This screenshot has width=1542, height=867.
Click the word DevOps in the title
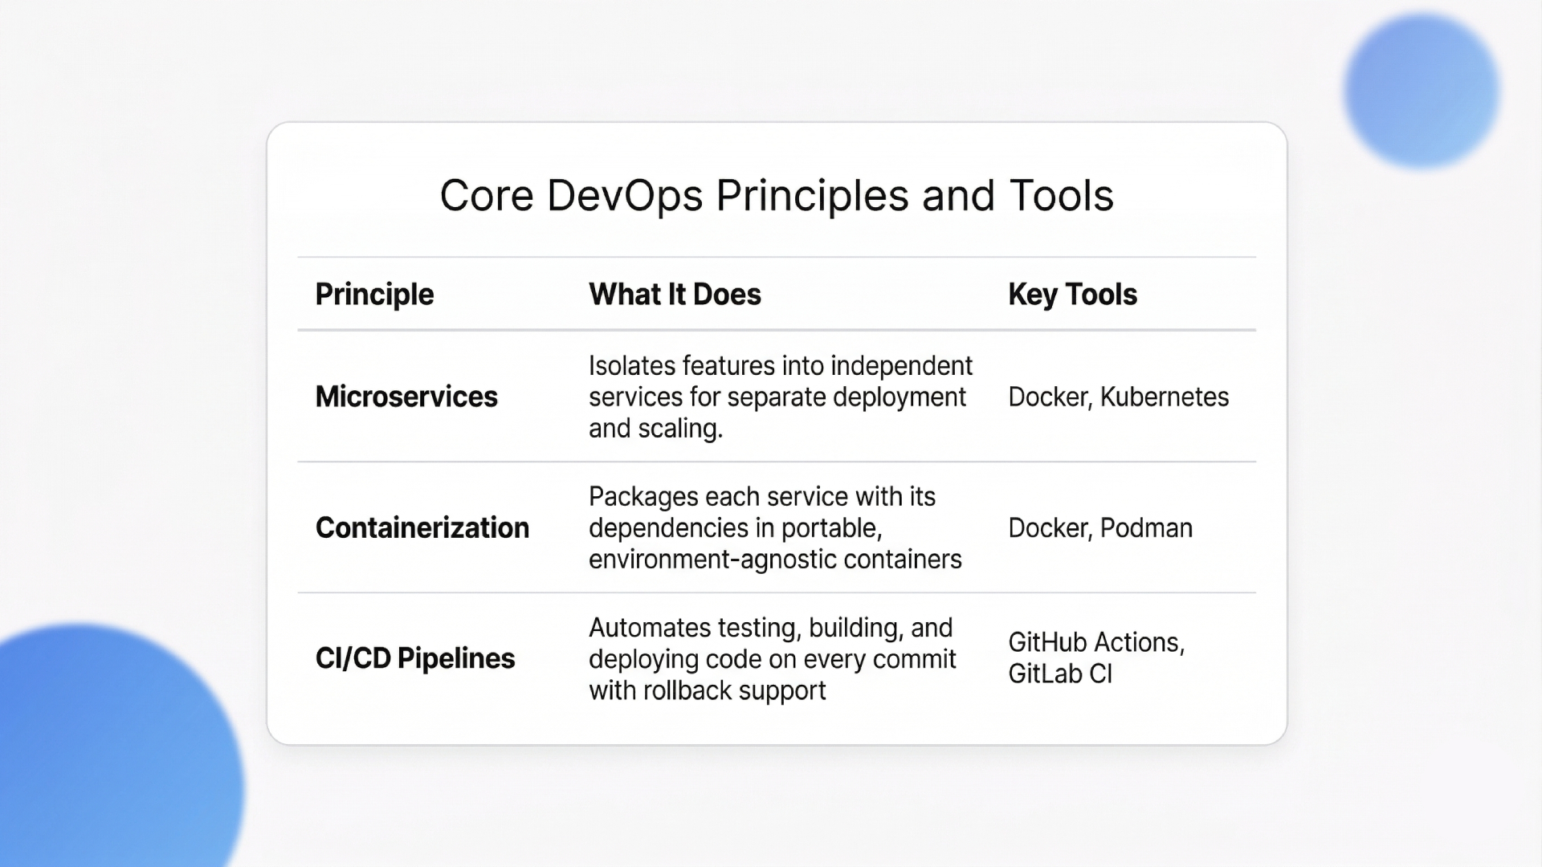tap(625, 196)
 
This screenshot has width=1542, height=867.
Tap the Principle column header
tap(374, 295)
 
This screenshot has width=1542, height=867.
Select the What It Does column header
tap(675, 295)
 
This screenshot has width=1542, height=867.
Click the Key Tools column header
tap(1072, 295)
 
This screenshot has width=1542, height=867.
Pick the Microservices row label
tap(406, 397)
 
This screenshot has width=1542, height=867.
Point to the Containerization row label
tap(422, 527)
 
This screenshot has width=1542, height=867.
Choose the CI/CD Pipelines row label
tap(415, 658)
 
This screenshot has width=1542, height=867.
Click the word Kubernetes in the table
tap(1164, 397)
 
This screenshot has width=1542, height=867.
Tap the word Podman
tap(1146, 527)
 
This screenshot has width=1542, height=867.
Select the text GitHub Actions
tap(1095, 642)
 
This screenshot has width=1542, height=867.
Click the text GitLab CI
tap(1060, 674)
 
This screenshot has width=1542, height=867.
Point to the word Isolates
tap(632, 366)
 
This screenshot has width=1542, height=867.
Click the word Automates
tap(650, 628)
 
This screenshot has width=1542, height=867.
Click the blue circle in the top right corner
tap(1421, 91)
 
